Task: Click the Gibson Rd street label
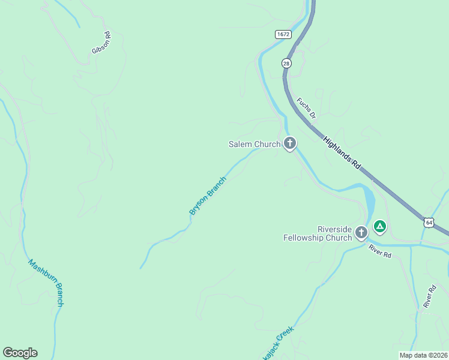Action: click(x=101, y=43)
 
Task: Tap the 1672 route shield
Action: click(x=284, y=34)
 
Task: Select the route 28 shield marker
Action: click(x=286, y=62)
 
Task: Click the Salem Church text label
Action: click(x=255, y=144)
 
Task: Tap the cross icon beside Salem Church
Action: click(x=290, y=143)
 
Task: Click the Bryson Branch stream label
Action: click(x=208, y=196)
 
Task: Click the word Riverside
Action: click(x=334, y=229)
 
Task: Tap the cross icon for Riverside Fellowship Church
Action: click(x=361, y=233)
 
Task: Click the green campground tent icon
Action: click(x=379, y=226)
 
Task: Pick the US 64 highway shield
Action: click(x=428, y=223)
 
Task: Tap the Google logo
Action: click(x=20, y=353)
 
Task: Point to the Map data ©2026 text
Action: click(x=423, y=355)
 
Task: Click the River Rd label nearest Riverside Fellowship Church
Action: click(x=380, y=251)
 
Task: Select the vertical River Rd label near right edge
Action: click(x=429, y=296)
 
